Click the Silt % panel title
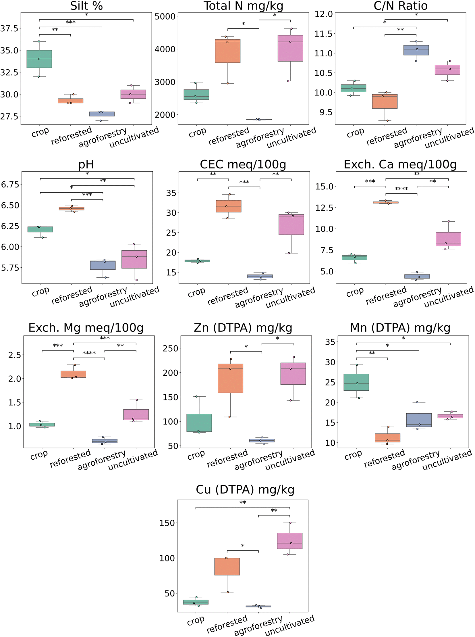(x=86, y=6)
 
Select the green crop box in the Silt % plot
(x=39, y=59)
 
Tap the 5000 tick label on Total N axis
(x=165, y=16)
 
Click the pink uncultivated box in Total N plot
(x=290, y=48)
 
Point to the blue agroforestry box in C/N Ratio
(x=416, y=50)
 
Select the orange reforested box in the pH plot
(x=72, y=208)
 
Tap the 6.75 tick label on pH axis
(x=10, y=185)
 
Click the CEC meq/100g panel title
(x=243, y=164)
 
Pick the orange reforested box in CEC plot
(x=229, y=206)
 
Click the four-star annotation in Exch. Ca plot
(x=401, y=189)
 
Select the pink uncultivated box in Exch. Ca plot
(x=448, y=239)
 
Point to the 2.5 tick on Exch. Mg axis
(x=15, y=355)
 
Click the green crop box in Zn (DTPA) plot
(x=199, y=423)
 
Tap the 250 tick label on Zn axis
(x=171, y=348)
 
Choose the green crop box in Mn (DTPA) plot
(x=356, y=382)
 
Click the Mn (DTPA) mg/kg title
(x=400, y=328)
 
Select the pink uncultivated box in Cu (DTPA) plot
(x=289, y=541)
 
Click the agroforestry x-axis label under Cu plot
(x=258, y=626)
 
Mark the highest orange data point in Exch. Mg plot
(x=75, y=365)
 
